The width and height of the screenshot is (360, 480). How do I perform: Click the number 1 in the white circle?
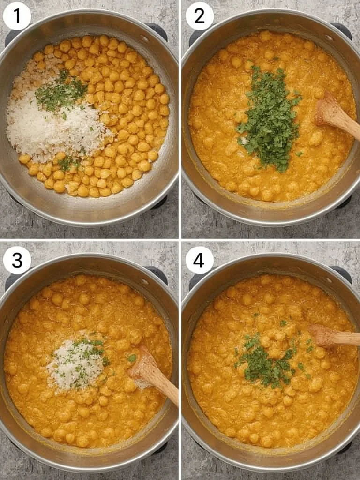click(17, 16)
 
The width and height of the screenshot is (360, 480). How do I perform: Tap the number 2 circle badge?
click(199, 16)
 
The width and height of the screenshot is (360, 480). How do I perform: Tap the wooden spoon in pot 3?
click(152, 375)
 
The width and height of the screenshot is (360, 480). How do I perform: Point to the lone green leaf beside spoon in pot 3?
click(132, 358)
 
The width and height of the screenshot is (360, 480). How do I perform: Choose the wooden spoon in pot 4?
click(333, 337)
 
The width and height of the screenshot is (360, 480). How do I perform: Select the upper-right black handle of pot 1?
click(157, 30)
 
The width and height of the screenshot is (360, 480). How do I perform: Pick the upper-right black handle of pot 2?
click(341, 29)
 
